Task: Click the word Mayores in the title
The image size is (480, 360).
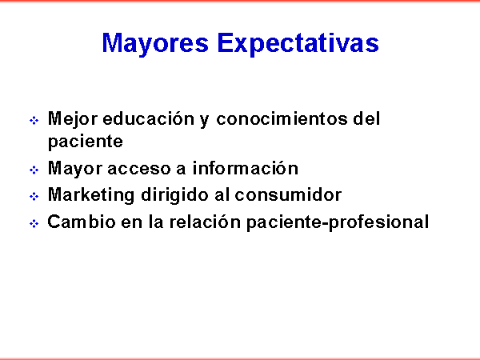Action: tap(155, 44)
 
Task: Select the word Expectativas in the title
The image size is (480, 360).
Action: tap(298, 44)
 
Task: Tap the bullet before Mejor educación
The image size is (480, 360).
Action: tap(34, 120)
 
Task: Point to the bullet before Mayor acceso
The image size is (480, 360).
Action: tap(34, 170)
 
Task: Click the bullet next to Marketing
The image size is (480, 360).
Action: tap(34, 196)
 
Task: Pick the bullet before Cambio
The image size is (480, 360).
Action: tap(34, 223)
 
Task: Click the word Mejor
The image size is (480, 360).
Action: tap(73, 120)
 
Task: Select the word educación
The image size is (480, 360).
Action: tap(149, 118)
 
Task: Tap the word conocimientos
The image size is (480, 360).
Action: tap(282, 118)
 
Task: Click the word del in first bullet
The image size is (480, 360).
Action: tap(366, 118)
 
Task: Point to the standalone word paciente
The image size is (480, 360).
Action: tap(86, 142)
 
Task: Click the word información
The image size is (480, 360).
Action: tap(246, 168)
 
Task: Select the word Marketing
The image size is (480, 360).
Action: tap(91, 196)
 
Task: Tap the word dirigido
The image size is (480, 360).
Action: tap(174, 196)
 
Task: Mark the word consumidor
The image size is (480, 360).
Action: tap(288, 194)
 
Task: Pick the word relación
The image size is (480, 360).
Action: tap(205, 222)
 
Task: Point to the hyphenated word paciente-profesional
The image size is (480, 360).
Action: tap(338, 222)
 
